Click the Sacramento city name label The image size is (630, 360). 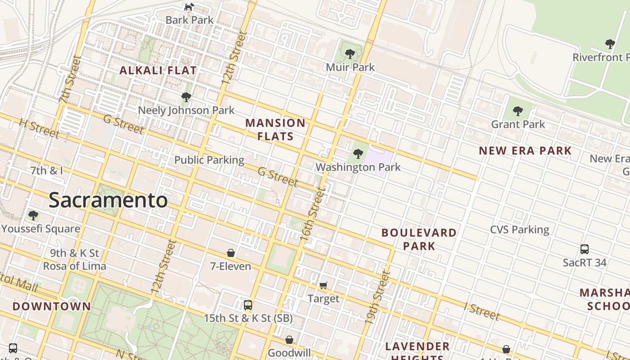point(108,200)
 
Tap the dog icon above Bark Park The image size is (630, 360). point(189,7)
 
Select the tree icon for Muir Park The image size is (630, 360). point(350,54)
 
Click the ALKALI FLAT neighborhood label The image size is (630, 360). point(158,70)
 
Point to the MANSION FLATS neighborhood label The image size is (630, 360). point(275,130)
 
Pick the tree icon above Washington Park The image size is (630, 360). point(358,154)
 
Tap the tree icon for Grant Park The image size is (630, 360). point(518,111)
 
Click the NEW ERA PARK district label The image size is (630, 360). point(525,151)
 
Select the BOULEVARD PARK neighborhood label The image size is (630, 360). point(419,239)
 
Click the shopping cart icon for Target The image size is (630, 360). point(324,285)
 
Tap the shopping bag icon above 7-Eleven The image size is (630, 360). point(231,253)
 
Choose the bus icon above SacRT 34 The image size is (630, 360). point(585,249)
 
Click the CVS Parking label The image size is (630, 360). point(519,229)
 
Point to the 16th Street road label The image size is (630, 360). point(313,216)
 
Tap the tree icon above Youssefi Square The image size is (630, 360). point(33,215)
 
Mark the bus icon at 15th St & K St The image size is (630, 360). point(248,305)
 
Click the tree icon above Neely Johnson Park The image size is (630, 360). point(186,97)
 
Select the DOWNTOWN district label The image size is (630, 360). point(52,306)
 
